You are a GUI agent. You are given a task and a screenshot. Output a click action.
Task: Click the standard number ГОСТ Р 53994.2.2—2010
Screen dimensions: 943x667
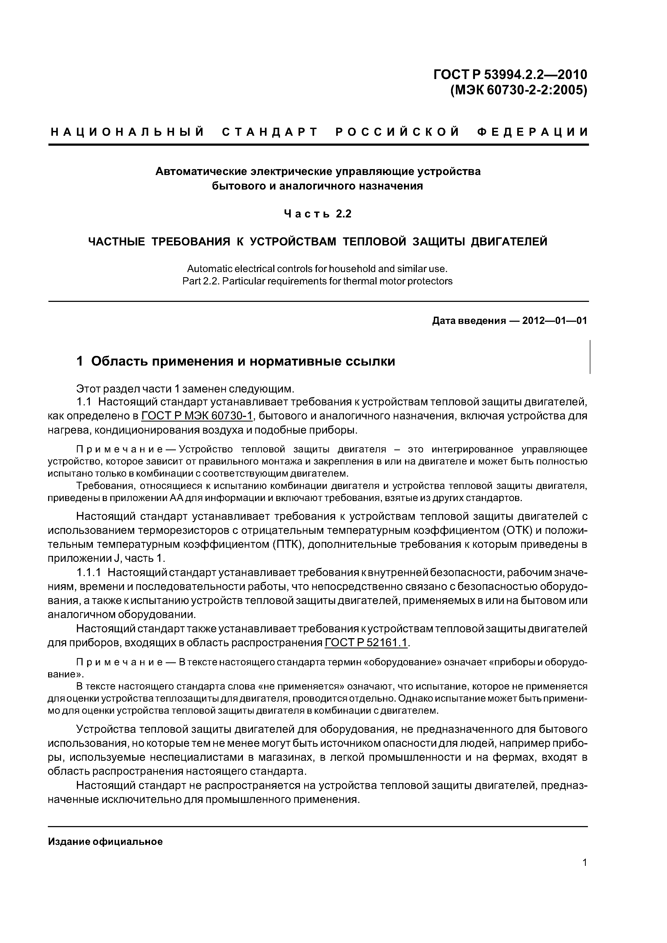(510, 75)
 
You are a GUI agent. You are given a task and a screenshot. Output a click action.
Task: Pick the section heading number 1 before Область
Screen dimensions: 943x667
(80, 362)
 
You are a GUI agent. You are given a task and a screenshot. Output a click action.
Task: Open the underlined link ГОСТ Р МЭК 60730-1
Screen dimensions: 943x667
(197, 416)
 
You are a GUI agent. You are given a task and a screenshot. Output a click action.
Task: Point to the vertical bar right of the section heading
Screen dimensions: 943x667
(590, 357)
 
